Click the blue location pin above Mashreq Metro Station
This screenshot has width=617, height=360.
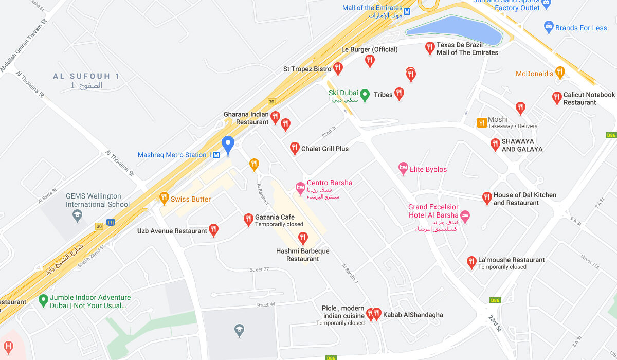coord(228,145)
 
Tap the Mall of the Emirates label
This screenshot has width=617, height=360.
coord(372,8)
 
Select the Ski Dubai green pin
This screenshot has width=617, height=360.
coord(365,95)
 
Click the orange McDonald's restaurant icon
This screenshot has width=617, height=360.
coord(560,73)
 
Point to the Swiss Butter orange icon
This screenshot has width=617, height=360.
coord(164,198)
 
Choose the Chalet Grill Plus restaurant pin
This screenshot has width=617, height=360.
coord(295,148)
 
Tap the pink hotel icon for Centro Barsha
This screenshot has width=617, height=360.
coord(300,189)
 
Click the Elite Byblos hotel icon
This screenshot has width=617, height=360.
coord(404,168)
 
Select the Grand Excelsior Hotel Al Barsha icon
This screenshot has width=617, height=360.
coord(465,217)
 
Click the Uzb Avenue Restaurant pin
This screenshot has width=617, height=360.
coord(213,230)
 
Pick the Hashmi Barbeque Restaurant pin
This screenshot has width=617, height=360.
coord(303,238)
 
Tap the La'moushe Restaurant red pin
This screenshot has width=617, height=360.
coord(471,262)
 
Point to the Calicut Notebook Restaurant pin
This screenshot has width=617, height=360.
coord(556,97)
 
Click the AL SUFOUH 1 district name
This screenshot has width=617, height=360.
coord(86,76)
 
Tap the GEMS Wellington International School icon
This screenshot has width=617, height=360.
coord(78,216)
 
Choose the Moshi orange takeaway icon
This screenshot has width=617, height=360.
coord(482,122)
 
